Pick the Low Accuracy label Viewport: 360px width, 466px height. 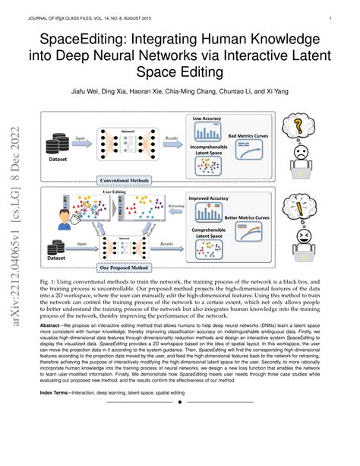206,119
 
